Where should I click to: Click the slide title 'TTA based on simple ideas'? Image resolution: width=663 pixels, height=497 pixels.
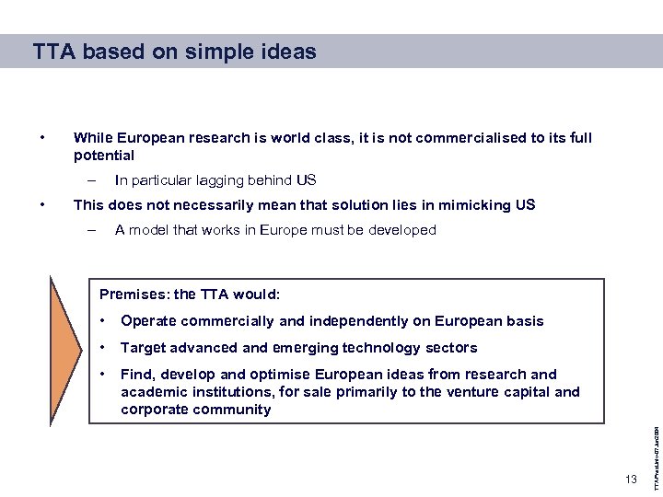pos(174,52)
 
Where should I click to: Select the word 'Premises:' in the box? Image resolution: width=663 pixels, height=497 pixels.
pos(134,295)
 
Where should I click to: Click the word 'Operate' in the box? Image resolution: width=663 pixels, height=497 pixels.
pos(148,321)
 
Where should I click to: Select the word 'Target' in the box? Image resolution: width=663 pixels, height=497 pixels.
pos(143,348)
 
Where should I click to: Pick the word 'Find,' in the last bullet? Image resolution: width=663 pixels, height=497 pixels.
pos(137,375)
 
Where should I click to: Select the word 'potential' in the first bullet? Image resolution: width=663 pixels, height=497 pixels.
pos(104,156)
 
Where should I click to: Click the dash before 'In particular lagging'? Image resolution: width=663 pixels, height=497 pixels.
pos(92,180)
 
